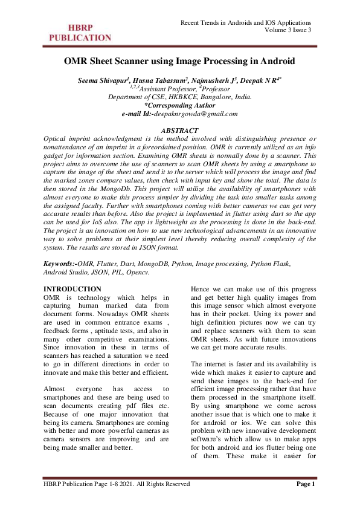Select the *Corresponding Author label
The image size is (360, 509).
coord(179,105)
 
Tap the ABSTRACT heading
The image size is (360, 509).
coord(179,131)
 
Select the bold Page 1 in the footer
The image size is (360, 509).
coord(306,484)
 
